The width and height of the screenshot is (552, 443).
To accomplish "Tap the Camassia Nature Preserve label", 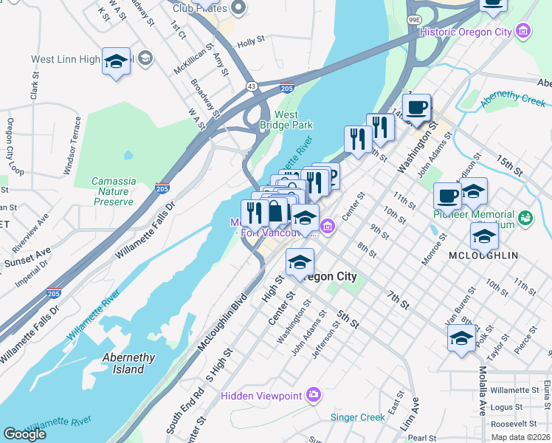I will point(114,191).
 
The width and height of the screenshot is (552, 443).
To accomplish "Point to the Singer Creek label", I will point(358,417).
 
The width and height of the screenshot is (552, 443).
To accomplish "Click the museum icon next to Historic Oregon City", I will point(523,32).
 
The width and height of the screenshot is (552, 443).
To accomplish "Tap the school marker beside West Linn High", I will point(116,63).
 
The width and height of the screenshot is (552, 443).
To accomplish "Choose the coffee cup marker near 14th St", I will point(417,108).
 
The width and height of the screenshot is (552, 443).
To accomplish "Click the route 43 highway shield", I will point(252,86).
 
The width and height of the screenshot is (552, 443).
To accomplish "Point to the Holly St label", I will point(251,43).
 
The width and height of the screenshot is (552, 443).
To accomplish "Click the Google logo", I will point(24,434).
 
